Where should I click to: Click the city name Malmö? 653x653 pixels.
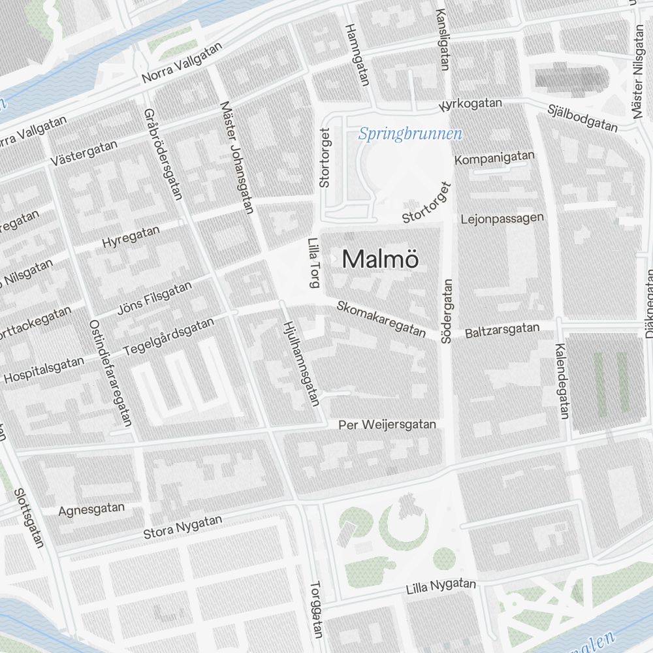pos(380,259)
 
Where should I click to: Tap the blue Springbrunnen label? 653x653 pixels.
pos(410,135)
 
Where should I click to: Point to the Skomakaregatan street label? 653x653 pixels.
pos(381,319)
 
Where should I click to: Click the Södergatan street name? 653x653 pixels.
pos(447,311)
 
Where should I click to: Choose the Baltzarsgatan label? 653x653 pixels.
pos(502,330)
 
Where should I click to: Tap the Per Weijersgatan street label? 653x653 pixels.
pos(387,425)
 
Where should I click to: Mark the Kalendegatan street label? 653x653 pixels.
pos(561,381)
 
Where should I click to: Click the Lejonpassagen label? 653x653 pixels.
pos(502,219)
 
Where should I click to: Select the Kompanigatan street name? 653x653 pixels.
pos(494,158)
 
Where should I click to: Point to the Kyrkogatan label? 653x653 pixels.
pos(471,104)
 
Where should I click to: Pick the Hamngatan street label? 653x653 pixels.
pos(357,55)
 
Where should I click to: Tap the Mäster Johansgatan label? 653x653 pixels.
pos(236,157)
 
